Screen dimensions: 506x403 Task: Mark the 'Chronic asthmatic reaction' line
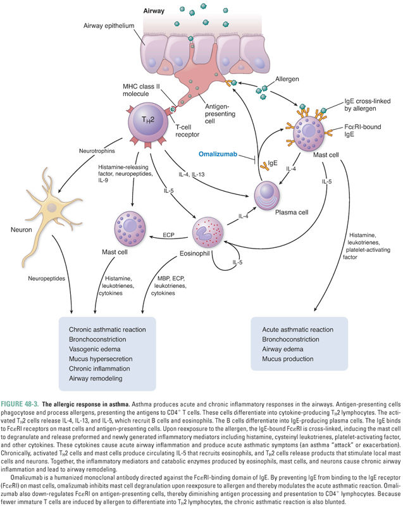point(108,330)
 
